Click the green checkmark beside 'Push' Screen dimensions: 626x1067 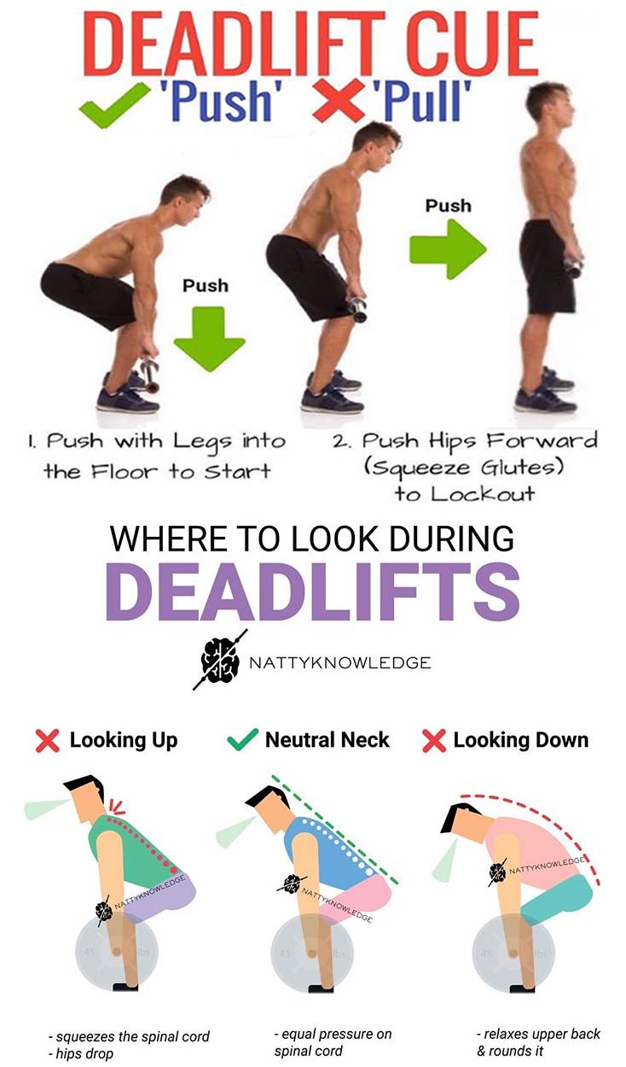click(x=113, y=104)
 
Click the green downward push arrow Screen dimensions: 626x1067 click(x=209, y=339)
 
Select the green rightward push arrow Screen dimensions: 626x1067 click(x=448, y=248)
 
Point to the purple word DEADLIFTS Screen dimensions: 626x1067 click(x=312, y=592)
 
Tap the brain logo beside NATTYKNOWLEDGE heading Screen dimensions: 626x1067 click(x=220, y=660)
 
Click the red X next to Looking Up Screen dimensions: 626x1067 click(x=47, y=741)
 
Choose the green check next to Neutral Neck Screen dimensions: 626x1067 click(x=242, y=740)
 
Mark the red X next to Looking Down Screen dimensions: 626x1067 click(x=433, y=741)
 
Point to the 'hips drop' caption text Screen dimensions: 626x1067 click(x=81, y=1053)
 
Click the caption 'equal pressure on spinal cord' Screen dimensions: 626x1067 click(x=333, y=1041)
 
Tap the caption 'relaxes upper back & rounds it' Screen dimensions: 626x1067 click(x=538, y=1041)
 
